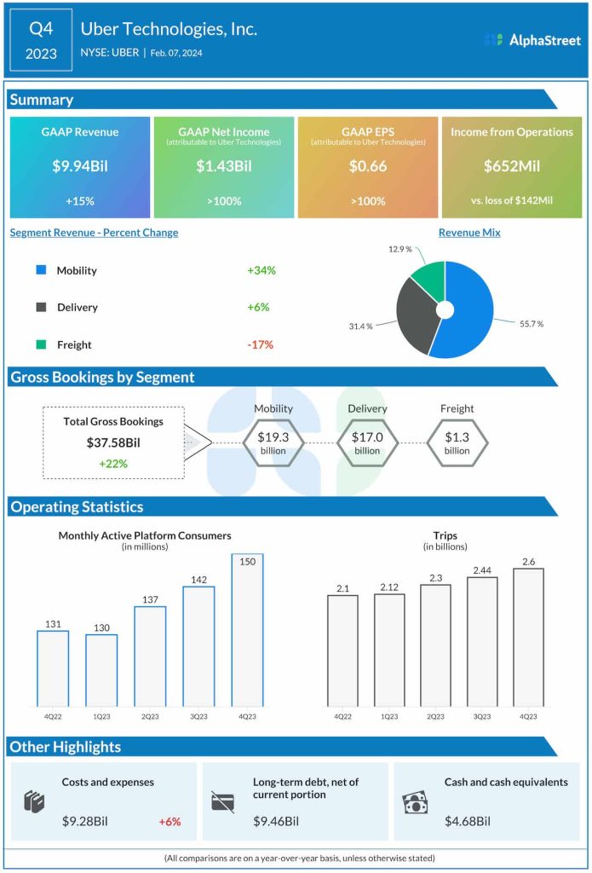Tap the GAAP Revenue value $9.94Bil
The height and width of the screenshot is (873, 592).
80,167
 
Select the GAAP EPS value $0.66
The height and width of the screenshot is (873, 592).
367,167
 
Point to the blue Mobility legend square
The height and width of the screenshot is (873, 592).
41,270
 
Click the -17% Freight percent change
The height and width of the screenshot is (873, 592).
261,344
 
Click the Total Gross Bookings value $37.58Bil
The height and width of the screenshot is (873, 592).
113,442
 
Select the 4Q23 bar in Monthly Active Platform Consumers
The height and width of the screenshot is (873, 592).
248,630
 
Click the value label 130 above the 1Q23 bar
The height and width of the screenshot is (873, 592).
101,627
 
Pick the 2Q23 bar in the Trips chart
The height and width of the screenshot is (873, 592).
435,645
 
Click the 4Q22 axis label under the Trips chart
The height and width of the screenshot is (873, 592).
342,717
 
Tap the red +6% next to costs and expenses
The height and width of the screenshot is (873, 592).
170,822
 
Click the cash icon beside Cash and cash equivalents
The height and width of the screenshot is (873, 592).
415,802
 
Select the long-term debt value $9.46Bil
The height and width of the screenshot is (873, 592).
276,822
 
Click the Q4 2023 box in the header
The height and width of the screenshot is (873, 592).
42,40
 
